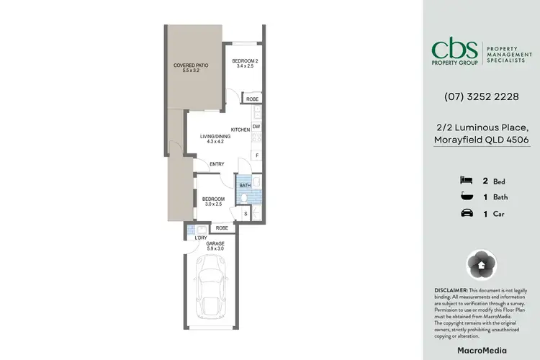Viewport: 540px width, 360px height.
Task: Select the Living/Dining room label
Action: pyautogui.click(x=215, y=138)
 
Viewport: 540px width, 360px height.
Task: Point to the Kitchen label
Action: pyautogui.click(x=240, y=130)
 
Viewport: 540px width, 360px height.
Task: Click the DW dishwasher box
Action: pyautogui.click(x=256, y=127)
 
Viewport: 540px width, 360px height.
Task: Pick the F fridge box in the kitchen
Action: pyautogui.click(x=256, y=156)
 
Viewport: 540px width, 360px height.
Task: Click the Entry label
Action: pyautogui.click(x=217, y=164)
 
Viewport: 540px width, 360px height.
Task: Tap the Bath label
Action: pyautogui.click(x=245, y=185)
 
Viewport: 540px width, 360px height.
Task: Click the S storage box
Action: pyautogui.click(x=246, y=213)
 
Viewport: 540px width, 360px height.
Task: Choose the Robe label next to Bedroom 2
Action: pyautogui.click(x=252, y=99)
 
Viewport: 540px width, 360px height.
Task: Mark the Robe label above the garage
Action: pyautogui.click(x=222, y=228)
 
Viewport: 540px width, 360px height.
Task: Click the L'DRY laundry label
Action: pyautogui.click(x=191, y=238)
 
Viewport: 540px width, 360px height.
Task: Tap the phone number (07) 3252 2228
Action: pyautogui.click(x=481, y=96)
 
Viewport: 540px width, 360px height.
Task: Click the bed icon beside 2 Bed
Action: pyautogui.click(x=466, y=181)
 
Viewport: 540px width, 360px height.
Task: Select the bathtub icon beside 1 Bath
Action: pyautogui.click(x=466, y=197)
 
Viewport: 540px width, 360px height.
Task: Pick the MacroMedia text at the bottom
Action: pyautogui.click(x=481, y=350)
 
